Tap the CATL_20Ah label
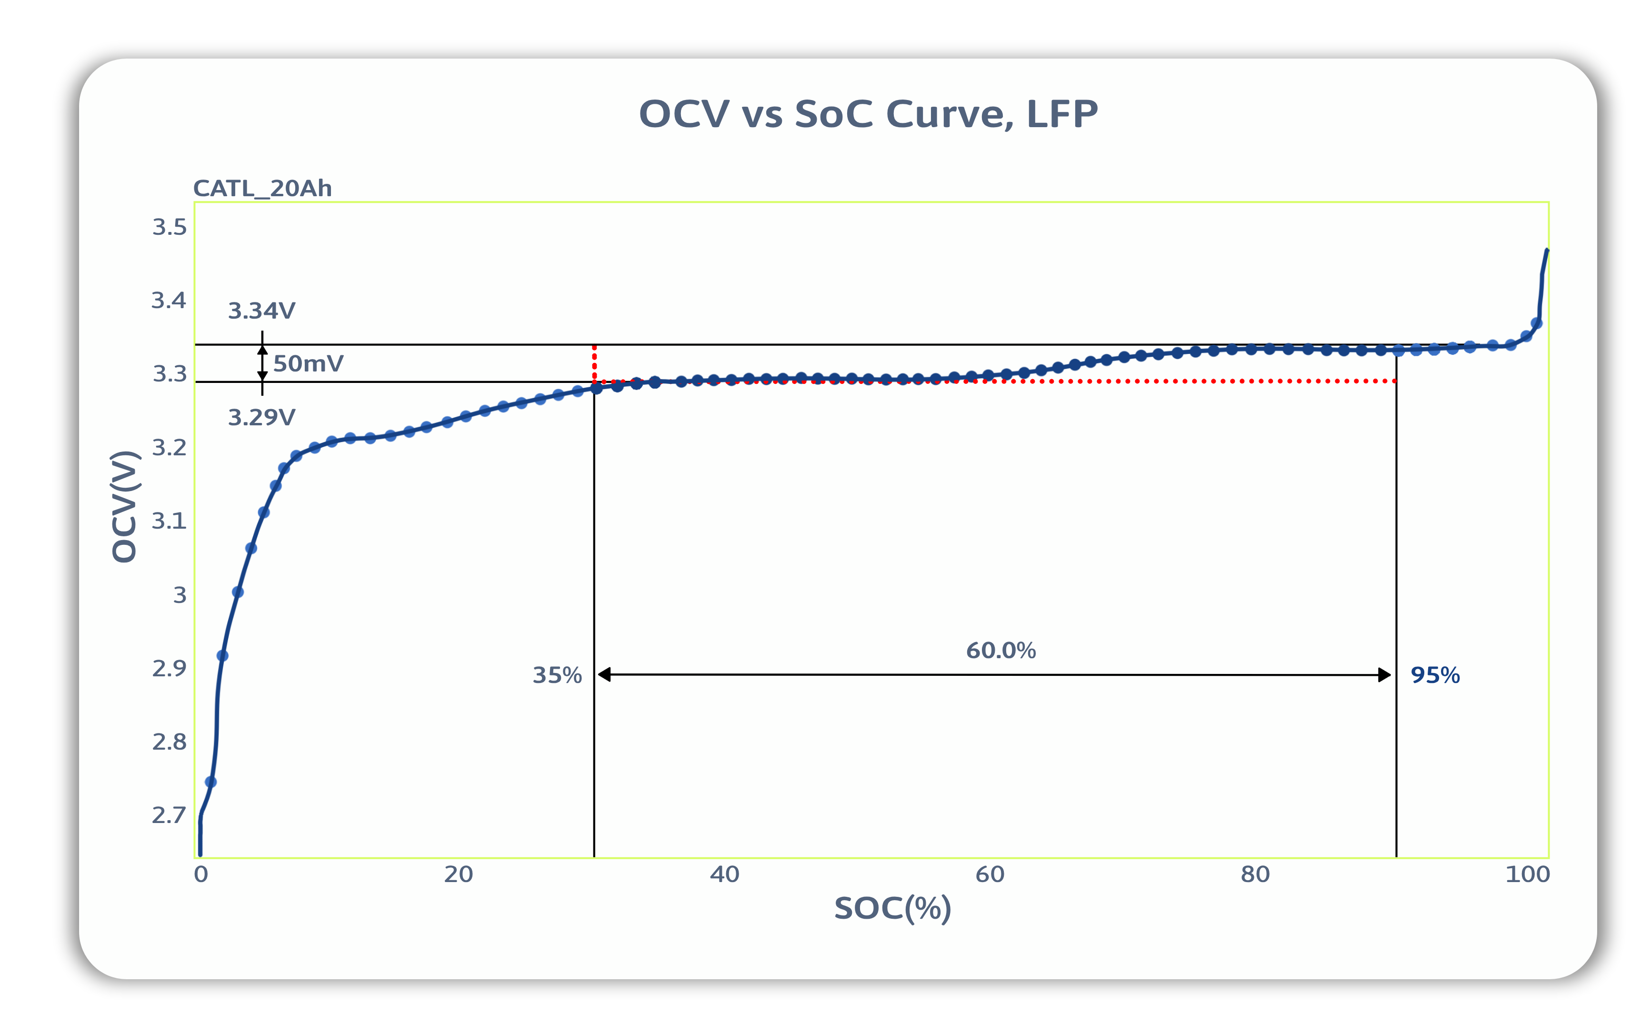[262, 188]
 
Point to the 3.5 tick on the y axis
[169, 227]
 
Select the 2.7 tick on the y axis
[169, 815]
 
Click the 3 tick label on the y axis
[179, 595]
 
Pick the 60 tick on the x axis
[989, 874]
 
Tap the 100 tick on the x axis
[1527, 874]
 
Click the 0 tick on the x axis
[200, 874]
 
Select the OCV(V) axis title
[125, 507]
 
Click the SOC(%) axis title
[892, 909]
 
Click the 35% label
[557, 676]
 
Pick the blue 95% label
[1435, 676]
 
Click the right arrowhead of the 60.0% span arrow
[1384, 675]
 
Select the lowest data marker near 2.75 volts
[210, 782]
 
